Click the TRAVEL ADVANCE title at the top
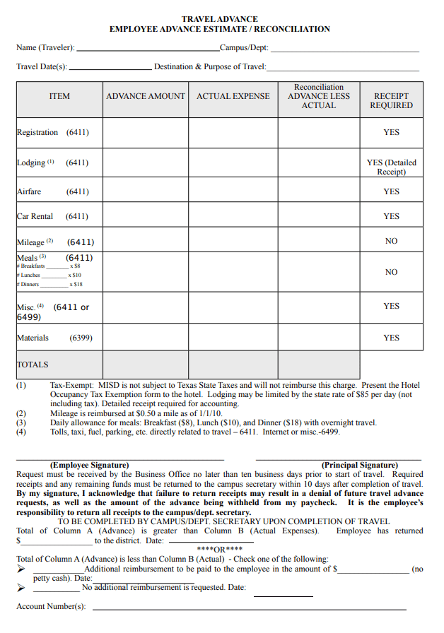point(219,19)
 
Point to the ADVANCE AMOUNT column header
point(146,96)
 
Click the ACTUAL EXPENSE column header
point(233,96)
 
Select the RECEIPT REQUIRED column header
point(391,100)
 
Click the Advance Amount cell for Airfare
point(146,191)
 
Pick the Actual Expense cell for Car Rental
point(233,216)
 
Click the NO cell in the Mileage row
point(391,242)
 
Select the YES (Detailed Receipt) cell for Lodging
point(391,167)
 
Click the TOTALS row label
point(33,365)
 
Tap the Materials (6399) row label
point(54,338)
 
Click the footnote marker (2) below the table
point(21,413)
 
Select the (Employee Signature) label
point(89,465)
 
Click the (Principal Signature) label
point(359,465)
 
